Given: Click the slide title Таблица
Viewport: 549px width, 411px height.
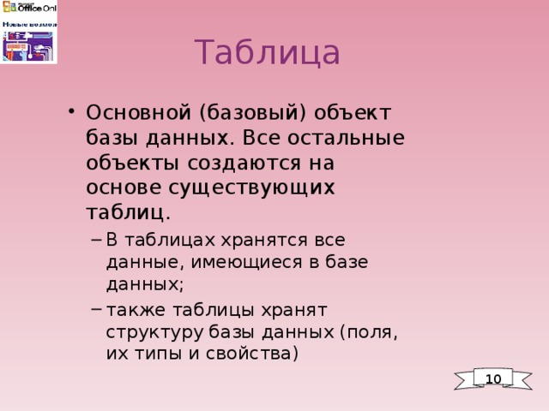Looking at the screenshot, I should point(267,53).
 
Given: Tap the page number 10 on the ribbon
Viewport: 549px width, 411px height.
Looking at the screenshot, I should point(492,378).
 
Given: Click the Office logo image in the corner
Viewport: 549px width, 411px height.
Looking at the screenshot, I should point(29,32).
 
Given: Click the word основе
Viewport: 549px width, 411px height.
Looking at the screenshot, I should point(124,186).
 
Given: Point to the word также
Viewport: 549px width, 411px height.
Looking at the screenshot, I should point(136,308).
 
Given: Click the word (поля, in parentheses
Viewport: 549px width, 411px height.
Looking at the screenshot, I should point(369,330).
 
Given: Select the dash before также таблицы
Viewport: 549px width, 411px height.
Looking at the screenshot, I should point(95,308).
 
